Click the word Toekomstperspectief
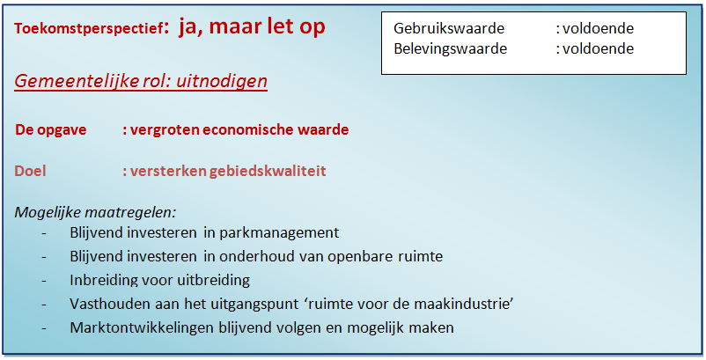click(88, 29)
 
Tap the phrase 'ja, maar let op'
click(252, 26)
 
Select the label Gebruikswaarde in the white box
click(448, 28)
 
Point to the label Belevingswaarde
click(450, 48)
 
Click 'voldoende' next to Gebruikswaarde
click(598, 28)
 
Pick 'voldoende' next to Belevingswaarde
click(598, 48)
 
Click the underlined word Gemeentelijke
click(77, 81)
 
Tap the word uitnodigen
click(222, 81)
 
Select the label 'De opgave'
click(50, 129)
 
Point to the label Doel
click(30, 171)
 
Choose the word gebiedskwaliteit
click(268, 172)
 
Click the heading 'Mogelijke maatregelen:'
click(95, 212)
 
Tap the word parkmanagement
click(279, 232)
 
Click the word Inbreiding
click(104, 281)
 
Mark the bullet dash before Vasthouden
click(44, 305)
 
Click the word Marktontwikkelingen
click(143, 327)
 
